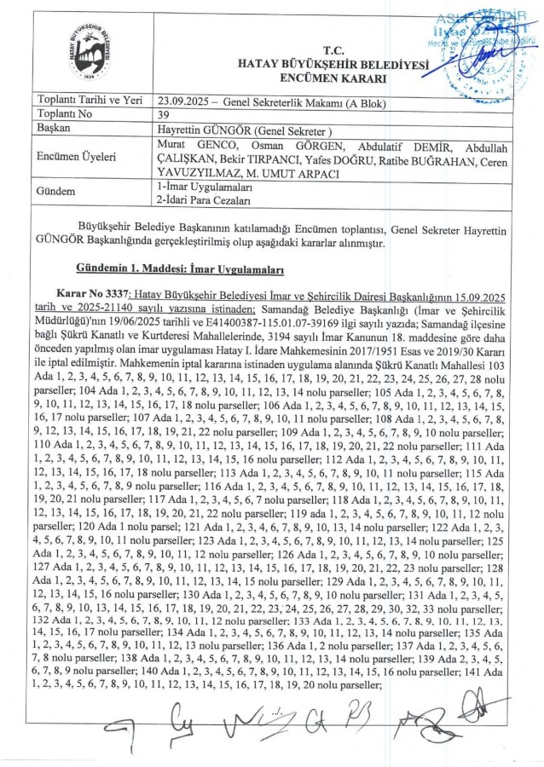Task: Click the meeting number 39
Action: tap(164, 113)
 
